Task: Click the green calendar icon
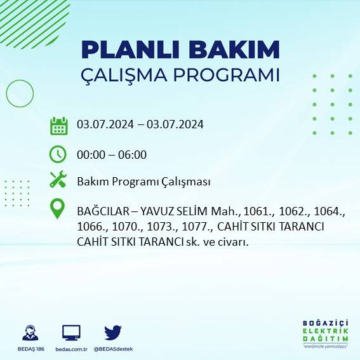coord(58,125)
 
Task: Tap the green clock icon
coord(58,154)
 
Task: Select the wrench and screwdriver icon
coord(58,181)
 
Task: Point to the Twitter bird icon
coord(113,332)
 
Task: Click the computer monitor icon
coord(71,332)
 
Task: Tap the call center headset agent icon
coord(29,332)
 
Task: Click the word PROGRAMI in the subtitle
coord(227,75)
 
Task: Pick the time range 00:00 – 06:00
coord(112,154)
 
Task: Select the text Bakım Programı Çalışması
coord(143,182)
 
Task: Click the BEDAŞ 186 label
coord(29,349)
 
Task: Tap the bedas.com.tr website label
coord(71,349)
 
